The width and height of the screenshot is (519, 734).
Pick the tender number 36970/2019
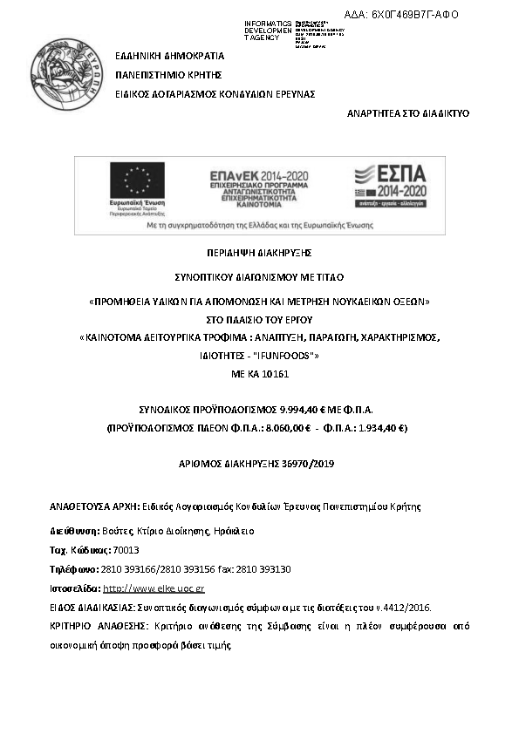coord(304,464)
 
